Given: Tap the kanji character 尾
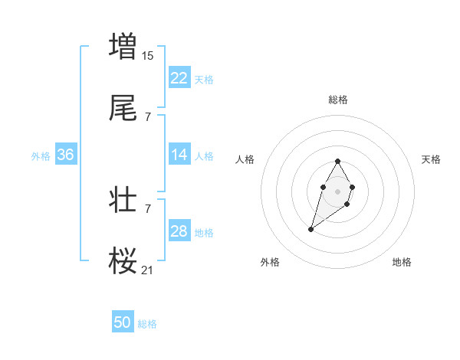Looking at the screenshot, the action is coord(123,110).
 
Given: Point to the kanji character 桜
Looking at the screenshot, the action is coord(123,261).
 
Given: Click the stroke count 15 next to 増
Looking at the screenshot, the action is coord(148,55).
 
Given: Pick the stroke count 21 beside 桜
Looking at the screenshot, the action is coord(148,270).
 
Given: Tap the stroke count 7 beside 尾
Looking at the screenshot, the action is coord(148,117).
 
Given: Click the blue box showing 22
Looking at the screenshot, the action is coord(179,77).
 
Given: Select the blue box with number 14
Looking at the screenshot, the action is coord(179,155).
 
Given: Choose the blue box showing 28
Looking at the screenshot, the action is coord(179,231).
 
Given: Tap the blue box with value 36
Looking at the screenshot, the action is coord(66,155).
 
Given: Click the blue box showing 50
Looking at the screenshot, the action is coord(123,322).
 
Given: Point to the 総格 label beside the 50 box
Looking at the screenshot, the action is coord(147,324).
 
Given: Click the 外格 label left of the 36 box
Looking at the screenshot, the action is coord(41,155).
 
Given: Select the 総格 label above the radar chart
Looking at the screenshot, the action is coord(338,100).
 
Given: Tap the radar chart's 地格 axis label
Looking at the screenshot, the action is coord(402,262).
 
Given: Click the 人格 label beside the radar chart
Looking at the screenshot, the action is coord(245,159).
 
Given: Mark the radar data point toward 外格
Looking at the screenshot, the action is coord(310,229).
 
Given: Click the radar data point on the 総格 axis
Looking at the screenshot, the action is coord(338,161).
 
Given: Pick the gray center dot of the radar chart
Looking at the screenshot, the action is coord(338,191).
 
